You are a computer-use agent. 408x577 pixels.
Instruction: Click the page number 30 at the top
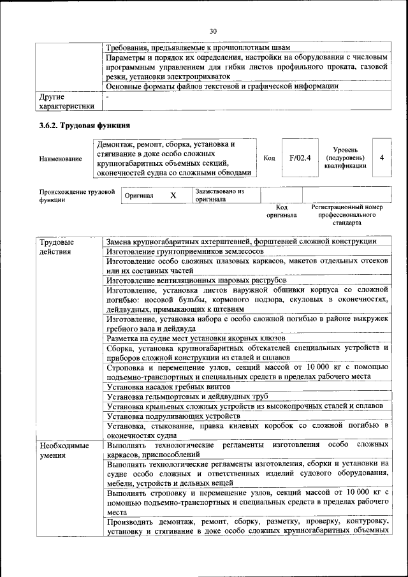coord(213,31)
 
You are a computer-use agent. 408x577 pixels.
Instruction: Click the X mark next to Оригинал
coord(173,195)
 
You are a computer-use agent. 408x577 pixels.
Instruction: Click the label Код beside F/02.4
coord(269,158)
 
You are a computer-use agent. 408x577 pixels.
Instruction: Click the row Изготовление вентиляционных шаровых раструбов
coord(196,280)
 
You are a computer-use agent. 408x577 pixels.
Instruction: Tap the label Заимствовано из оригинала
coord(220,195)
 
